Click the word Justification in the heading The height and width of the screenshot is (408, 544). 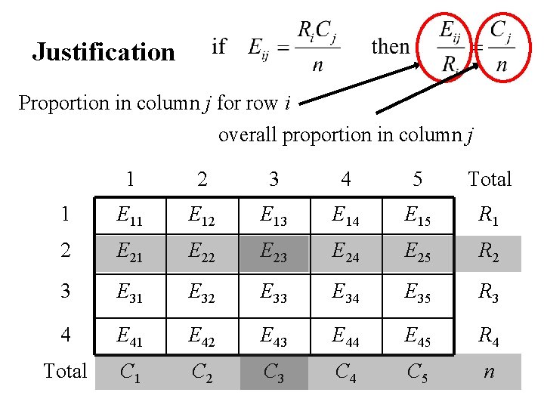pos(104,52)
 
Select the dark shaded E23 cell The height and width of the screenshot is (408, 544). pos(274,254)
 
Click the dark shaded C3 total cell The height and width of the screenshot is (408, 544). pos(274,372)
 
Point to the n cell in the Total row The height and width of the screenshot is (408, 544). pos(489,372)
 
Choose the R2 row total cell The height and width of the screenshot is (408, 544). pos(489,254)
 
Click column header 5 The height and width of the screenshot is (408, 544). pos(417,179)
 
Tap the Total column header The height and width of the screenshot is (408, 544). pos(490,179)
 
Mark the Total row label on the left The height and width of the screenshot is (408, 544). pos(65,371)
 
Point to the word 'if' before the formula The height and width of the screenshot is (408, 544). pos(219,47)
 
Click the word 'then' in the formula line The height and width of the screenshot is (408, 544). pos(391,47)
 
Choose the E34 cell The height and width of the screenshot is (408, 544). pos(345,295)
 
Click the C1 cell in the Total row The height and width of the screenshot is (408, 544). pos(130,372)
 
